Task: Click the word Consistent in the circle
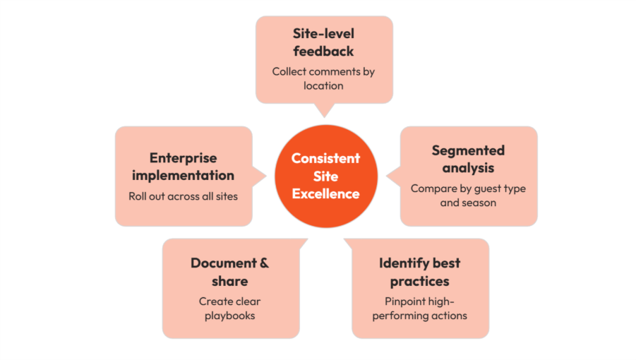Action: (x=325, y=157)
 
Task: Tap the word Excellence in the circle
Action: (x=325, y=193)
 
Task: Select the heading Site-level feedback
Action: (x=323, y=42)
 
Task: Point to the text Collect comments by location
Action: (x=323, y=78)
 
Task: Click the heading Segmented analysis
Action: (x=468, y=159)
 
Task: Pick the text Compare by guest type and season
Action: (x=468, y=196)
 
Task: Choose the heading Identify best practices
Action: (x=419, y=272)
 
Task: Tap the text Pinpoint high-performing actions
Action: (x=419, y=308)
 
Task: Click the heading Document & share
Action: (x=229, y=272)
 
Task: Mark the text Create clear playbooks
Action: (x=229, y=308)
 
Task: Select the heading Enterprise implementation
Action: (x=183, y=167)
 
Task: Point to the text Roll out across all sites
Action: (x=183, y=196)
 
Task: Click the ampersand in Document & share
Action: (x=263, y=263)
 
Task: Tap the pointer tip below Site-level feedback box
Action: (x=324, y=115)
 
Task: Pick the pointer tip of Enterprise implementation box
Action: (x=265, y=176)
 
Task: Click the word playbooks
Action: (x=229, y=316)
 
